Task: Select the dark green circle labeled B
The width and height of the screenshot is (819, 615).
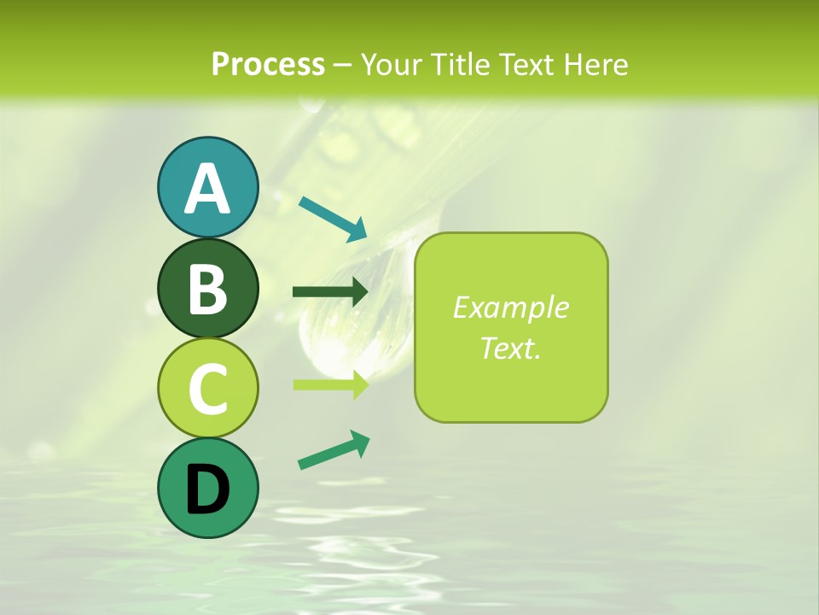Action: coord(207,289)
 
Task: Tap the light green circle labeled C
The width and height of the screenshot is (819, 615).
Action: coord(207,388)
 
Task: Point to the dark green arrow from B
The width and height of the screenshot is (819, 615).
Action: coord(330,292)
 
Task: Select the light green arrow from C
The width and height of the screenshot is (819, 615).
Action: coord(330,384)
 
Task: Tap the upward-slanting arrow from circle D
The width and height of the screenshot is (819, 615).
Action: coord(334,450)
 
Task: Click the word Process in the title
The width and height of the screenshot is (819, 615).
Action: coord(268,65)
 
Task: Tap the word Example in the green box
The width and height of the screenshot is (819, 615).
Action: coord(510,307)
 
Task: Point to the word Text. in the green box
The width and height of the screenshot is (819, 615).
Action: coord(510,348)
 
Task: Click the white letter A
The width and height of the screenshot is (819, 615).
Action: coord(207,189)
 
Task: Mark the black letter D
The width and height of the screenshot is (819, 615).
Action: coord(207,489)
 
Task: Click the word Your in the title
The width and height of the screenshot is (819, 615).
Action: coord(392,65)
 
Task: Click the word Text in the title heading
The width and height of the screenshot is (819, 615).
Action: coord(526,65)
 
